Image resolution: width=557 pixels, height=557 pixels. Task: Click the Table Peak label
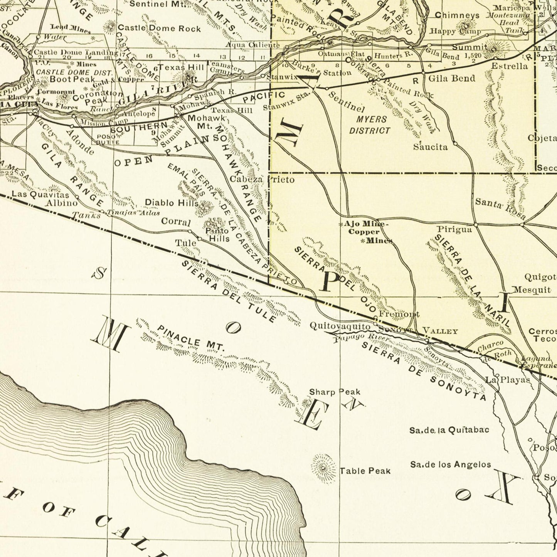point(365,471)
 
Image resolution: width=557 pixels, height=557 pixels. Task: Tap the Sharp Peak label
point(335,392)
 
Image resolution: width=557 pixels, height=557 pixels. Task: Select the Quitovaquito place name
point(340,326)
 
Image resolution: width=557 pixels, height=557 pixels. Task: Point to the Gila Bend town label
point(452,78)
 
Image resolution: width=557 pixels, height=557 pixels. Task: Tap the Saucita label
point(430,147)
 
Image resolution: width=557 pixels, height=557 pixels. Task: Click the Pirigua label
point(454,230)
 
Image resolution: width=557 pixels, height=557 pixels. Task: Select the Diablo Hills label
point(172,202)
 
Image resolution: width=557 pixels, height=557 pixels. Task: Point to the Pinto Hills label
point(218,235)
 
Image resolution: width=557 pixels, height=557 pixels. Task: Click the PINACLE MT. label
point(190,338)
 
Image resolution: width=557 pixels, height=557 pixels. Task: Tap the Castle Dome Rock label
point(159,28)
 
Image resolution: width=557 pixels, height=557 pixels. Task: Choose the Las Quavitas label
point(40,194)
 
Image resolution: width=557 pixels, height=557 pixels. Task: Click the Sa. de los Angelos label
point(450,464)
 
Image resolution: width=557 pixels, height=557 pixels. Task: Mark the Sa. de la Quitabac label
point(449,430)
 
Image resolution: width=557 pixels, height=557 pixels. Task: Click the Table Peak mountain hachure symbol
point(323,468)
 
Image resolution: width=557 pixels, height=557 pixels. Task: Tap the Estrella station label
point(509,66)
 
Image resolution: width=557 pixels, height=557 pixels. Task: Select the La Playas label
point(508,380)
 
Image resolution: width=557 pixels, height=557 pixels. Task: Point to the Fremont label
point(399,314)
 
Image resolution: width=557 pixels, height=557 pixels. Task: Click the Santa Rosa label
point(500,208)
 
